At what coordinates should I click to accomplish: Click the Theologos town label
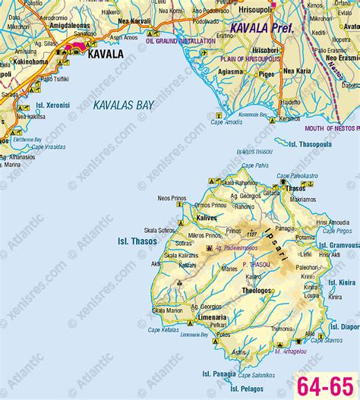[x=256, y=290]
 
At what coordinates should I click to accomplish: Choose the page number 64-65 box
[x=326, y=384]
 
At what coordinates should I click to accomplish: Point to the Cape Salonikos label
[x=256, y=375]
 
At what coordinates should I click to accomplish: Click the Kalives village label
[x=207, y=218]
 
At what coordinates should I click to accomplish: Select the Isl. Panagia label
[x=219, y=373]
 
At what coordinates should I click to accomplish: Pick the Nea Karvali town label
[x=134, y=22]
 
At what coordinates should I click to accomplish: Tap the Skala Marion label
[x=167, y=310]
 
